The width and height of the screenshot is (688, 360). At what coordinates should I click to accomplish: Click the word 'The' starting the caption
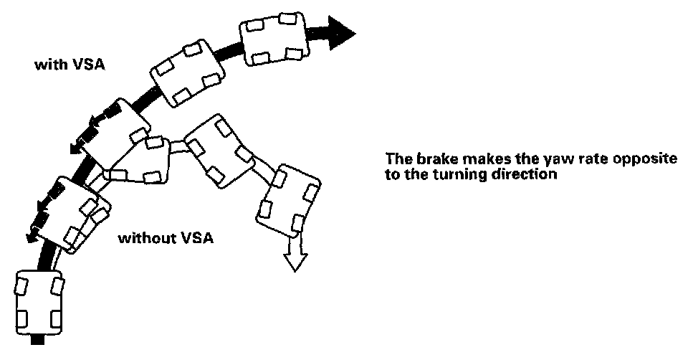tap(398, 160)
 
